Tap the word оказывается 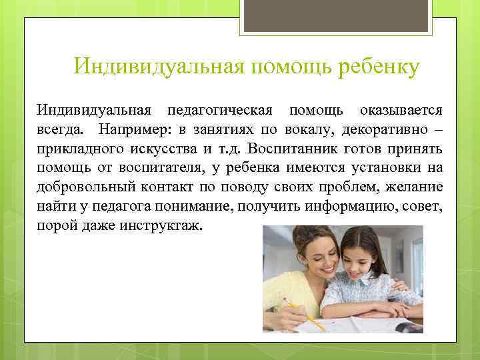pyautogui.click(x=400, y=109)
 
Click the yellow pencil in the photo pyautogui.click(x=303, y=315)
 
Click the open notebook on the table pyautogui.click(x=380, y=323)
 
